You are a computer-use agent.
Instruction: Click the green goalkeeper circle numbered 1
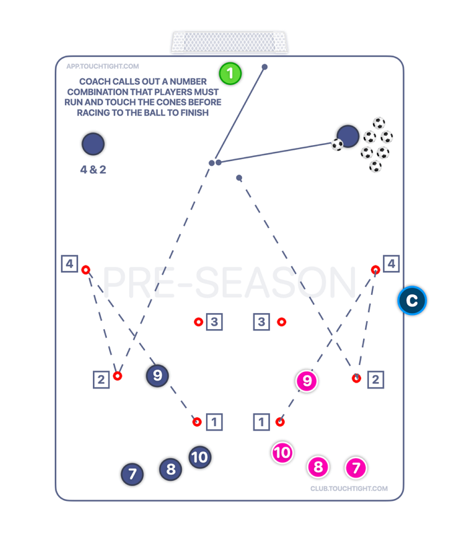tap(230, 73)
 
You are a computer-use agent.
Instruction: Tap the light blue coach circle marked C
tap(412, 300)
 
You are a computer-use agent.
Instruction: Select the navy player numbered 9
tap(158, 376)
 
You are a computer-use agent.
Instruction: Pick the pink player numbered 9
tap(307, 381)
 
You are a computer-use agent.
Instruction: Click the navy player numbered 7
tap(132, 474)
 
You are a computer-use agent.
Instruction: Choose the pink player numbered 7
tap(356, 468)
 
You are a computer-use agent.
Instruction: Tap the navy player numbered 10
tap(199, 457)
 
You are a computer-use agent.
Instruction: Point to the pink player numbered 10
tap(282, 453)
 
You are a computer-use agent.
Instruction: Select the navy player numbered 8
tap(170, 469)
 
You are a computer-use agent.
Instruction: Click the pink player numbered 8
tap(318, 467)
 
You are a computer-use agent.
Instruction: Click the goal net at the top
tap(230, 42)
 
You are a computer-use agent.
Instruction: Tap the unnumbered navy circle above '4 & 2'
tap(93, 144)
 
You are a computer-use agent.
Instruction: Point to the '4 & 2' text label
tap(93, 170)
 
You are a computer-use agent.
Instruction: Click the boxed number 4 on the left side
tap(70, 263)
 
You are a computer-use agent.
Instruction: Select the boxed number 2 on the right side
tap(375, 380)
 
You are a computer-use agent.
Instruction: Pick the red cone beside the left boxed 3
tap(199, 322)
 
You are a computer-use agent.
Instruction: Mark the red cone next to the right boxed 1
tap(280, 422)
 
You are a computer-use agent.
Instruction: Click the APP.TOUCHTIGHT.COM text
tap(102, 66)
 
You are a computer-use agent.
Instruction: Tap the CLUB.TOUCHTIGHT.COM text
tap(348, 488)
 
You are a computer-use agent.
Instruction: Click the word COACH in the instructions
tap(96, 82)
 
